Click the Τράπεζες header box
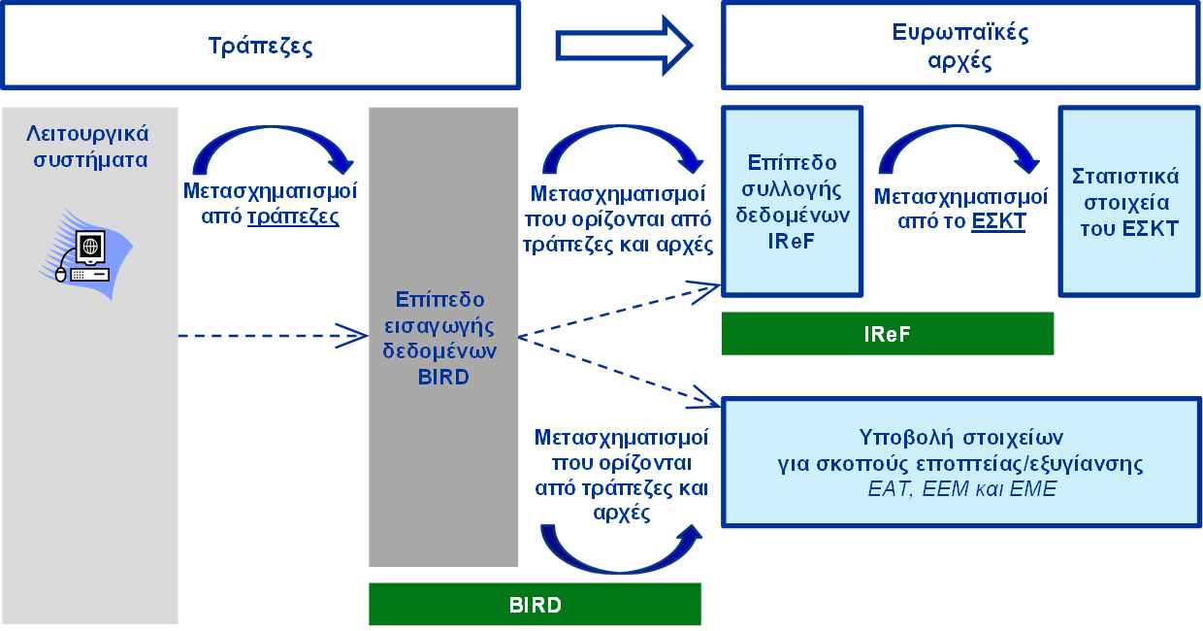pyautogui.click(x=260, y=46)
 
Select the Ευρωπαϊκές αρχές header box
pyautogui.click(x=960, y=46)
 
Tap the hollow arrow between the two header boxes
pyautogui.click(x=624, y=46)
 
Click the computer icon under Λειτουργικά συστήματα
pyautogui.click(x=86, y=253)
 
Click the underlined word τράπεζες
pyautogui.click(x=293, y=216)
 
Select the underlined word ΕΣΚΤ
pyautogui.click(x=998, y=221)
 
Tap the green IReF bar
pyautogui.click(x=887, y=334)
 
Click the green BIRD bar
pyautogui.click(x=535, y=605)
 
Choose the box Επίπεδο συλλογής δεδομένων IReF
pyautogui.click(x=793, y=202)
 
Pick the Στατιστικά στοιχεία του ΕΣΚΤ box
pyautogui.click(x=1129, y=202)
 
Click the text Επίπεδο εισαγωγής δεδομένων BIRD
pyautogui.click(x=440, y=338)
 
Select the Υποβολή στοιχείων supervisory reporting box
pyautogui.click(x=960, y=462)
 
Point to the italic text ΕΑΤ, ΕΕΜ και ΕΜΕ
pyautogui.click(x=961, y=489)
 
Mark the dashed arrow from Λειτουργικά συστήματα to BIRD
pyautogui.click(x=273, y=336)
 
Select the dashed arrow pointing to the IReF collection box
pyautogui.click(x=619, y=311)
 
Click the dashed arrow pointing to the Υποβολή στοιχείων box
pyautogui.click(x=619, y=372)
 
